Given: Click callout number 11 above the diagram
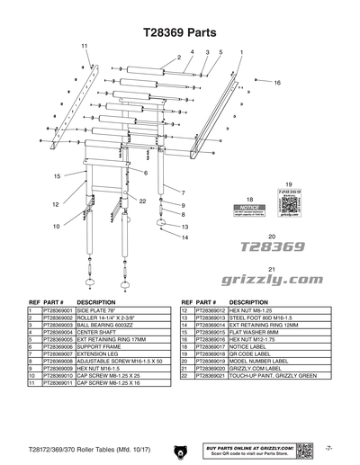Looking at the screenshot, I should point(85,45).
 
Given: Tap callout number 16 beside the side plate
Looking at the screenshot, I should point(278,82).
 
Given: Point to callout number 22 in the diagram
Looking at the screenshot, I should point(142,201).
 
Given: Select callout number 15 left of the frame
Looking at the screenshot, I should point(56,176).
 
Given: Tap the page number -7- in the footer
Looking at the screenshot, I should point(330,447).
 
